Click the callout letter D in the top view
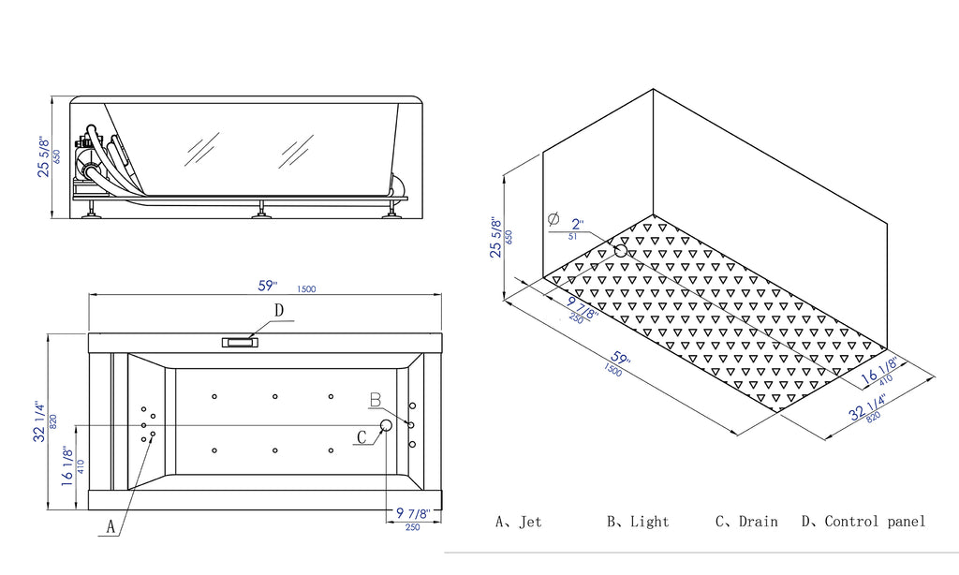pos(278,310)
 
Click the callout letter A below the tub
pos(111,527)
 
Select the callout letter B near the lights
pos(375,401)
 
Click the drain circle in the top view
pos(386,426)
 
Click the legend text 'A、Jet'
pos(518,522)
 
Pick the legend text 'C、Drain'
pos(745,522)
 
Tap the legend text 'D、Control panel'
pos(863,522)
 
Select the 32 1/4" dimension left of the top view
pos(40,421)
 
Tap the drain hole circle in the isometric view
pos(620,250)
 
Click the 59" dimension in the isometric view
pos(618,361)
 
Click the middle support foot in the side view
pos(259,212)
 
